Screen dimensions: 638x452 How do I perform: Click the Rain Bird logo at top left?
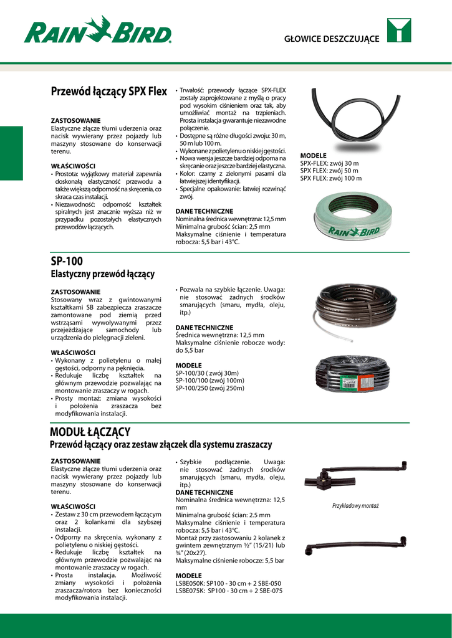click(x=97, y=31)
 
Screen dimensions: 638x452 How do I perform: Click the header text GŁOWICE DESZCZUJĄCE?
click(x=331, y=39)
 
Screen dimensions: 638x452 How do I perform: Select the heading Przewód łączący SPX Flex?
click(x=108, y=92)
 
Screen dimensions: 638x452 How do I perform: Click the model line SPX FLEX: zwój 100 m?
click(x=330, y=178)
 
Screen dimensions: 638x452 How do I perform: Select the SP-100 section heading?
click(x=66, y=261)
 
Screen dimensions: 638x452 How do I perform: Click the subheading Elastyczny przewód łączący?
click(x=102, y=274)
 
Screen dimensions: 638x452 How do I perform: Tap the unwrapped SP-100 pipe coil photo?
click(x=355, y=311)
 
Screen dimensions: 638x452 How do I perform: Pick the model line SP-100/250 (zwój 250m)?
click(x=210, y=388)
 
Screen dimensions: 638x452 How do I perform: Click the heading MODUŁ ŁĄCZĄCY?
click(x=90, y=432)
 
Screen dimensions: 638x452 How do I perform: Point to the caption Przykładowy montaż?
click(x=355, y=506)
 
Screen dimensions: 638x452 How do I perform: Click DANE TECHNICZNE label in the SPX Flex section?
click(x=204, y=212)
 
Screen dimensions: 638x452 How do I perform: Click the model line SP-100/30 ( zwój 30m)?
click(x=207, y=373)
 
